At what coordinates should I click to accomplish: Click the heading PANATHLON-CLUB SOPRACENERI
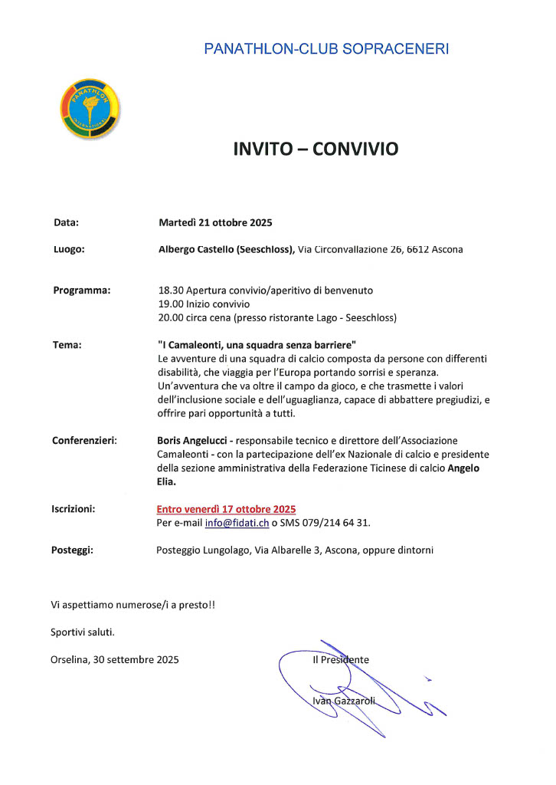326,49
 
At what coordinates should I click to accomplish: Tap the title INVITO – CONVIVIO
316,149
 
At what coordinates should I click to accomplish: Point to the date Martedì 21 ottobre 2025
215,223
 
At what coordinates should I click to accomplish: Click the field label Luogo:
68,249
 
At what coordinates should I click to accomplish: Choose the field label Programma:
82,290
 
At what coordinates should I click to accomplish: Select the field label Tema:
67,344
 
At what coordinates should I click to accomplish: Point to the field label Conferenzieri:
84,440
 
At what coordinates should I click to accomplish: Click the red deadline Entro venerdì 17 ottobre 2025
226,509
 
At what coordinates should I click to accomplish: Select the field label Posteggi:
72,550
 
